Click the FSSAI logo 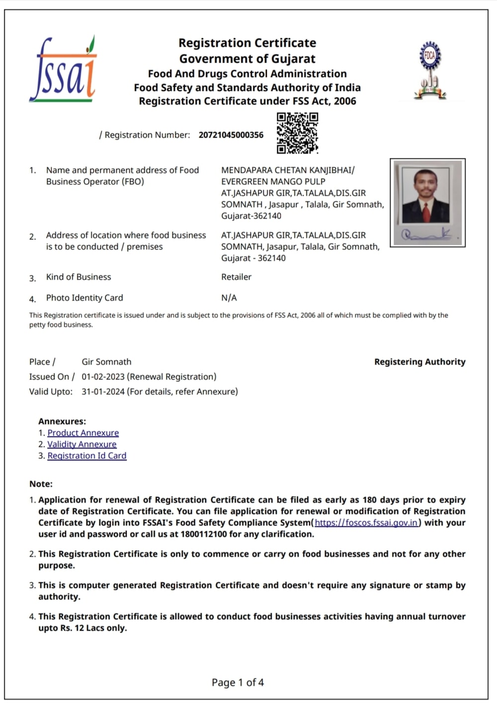(x=63, y=70)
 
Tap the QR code (x=297, y=133)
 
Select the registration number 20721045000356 (x=231, y=135)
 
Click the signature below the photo (x=427, y=234)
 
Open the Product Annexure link (x=83, y=433)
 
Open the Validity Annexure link (x=82, y=444)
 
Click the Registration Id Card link (x=87, y=456)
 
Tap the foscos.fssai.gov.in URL (x=366, y=523)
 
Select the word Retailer (x=236, y=277)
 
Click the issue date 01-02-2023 (x=103, y=377)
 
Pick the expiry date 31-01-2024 (x=103, y=392)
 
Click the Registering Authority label (x=419, y=362)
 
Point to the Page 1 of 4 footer (x=238, y=683)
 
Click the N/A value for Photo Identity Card (x=229, y=298)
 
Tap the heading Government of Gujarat (x=247, y=59)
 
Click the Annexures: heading (x=62, y=422)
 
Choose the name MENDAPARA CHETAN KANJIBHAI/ (x=288, y=170)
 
